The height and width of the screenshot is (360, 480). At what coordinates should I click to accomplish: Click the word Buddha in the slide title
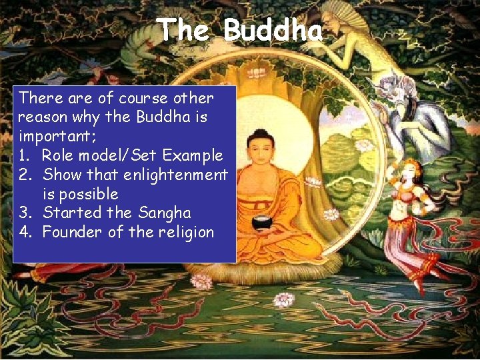[273, 31]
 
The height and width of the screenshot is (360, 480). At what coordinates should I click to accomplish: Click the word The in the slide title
[183, 31]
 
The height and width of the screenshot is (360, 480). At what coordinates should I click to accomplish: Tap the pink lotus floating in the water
[284, 299]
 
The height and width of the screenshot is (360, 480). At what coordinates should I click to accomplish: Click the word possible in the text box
[89, 194]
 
